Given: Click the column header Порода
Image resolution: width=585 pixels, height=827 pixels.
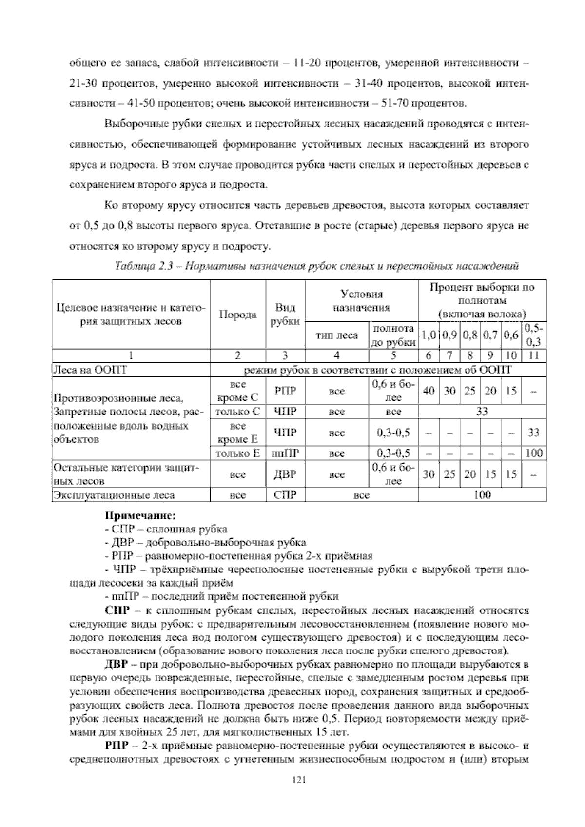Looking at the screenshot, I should (x=237, y=315).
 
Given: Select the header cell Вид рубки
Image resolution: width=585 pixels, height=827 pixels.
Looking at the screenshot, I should (x=285, y=315).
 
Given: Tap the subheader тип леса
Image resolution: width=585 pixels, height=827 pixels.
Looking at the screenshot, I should (x=336, y=335).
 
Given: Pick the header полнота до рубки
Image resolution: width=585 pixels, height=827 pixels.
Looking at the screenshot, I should (x=393, y=335).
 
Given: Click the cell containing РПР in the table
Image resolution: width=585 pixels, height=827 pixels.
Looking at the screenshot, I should (x=285, y=391).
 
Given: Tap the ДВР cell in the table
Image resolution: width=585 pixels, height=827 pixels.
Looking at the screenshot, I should (x=285, y=474).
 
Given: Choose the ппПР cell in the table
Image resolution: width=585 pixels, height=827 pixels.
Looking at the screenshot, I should (x=285, y=453).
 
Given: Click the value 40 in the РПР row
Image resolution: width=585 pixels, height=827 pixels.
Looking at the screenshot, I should (x=429, y=391).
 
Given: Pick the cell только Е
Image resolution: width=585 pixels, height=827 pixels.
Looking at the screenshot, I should (x=237, y=453).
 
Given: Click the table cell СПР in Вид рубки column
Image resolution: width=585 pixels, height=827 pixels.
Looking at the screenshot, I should (x=285, y=495).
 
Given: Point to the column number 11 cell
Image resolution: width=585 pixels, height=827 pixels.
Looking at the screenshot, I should (x=534, y=355).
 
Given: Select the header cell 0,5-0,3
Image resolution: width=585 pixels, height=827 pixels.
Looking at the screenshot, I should (x=534, y=335).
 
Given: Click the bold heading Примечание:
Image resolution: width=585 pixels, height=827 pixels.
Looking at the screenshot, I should (x=140, y=515).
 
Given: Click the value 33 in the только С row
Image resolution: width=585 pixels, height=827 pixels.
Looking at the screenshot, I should (x=482, y=412).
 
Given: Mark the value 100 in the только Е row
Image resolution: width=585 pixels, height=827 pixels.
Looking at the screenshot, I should (x=534, y=453).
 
